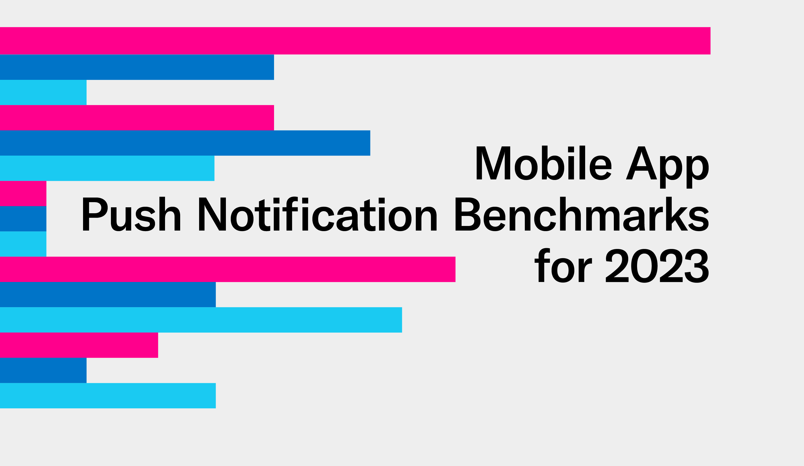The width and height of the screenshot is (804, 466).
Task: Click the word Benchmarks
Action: pyautogui.click(x=582, y=214)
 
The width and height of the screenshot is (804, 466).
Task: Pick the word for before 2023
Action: pyautogui.click(x=563, y=265)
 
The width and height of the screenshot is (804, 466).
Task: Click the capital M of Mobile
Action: pyautogui.click(x=493, y=163)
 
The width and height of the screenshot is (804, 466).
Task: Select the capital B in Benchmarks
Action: pyautogui.click(x=468, y=214)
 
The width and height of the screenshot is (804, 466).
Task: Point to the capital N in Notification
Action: pyautogui.click(x=212, y=214)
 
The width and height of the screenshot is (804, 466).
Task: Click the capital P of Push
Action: pyautogui.click(x=95, y=214)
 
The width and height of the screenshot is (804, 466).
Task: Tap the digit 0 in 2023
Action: pyautogui.click(x=644, y=266)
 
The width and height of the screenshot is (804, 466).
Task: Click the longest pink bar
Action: pyautogui.click(x=355, y=41)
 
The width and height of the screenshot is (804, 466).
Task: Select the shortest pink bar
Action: pyautogui.click(x=23, y=193)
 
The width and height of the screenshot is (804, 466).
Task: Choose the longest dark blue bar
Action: pyautogui.click(x=185, y=143)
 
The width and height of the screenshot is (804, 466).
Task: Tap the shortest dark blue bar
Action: pyautogui.click(x=23, y=219)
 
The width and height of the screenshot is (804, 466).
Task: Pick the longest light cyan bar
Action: pyautogui.click(x=201, y=320)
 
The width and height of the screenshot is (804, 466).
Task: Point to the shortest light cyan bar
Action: pyautogui.click(x=23, y=244)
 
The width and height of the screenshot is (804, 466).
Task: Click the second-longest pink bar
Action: pyautogui.click(x=228, y=269)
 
